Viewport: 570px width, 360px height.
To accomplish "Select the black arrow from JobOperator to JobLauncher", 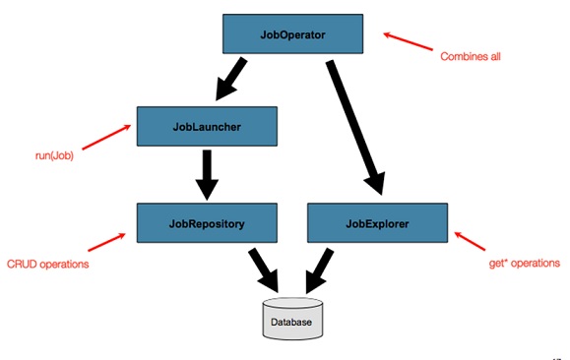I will point(233,77).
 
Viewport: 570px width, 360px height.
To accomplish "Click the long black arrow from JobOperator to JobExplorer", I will point(356,123).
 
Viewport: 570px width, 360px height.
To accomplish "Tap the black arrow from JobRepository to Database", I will point(261,267).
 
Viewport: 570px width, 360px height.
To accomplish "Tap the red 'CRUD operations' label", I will point(48,265).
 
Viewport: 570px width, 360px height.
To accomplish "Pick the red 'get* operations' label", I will point(524,265).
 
